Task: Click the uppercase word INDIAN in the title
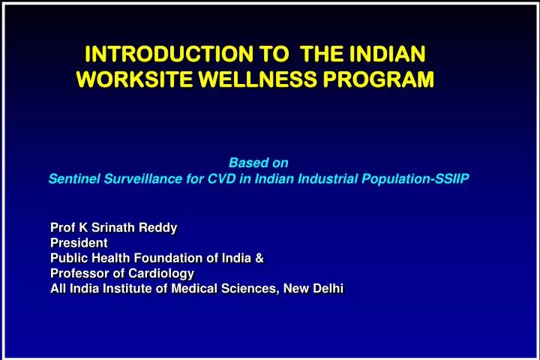(385, 54)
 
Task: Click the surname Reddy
(160, 226)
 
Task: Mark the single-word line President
(79, 242)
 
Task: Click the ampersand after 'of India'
(259, 258)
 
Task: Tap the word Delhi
(328, 289)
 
